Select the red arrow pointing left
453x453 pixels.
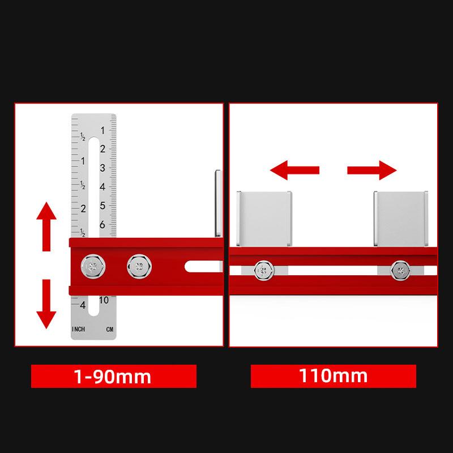coord(294,170)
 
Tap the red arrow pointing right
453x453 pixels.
coord(371,170)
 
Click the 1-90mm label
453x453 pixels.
coord(113,376)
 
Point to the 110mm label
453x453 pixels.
coord(333,376)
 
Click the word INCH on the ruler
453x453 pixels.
coord(79,330)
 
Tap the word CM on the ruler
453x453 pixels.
coord(109,330)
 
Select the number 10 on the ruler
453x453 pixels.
coord(103,300)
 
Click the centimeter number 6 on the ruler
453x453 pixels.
coord(102,225)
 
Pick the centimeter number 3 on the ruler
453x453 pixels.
coord(102,168)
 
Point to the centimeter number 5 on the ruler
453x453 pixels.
coord(102,206)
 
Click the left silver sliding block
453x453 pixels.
coord(264,219)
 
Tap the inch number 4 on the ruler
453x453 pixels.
coord(83,305)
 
